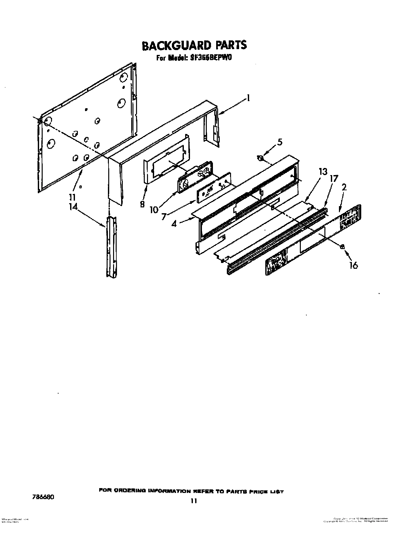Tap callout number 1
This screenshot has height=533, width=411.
pyautogui.click(x=248, y=98)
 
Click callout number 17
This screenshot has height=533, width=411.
pyautogui.click(x=334, y=178)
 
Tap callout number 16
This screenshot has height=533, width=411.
pyautogui.click(x=354, y=265)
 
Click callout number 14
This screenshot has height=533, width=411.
pyautogui.click(x=73, y=206)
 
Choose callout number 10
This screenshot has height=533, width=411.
pyautogui.click(x=154, y=210)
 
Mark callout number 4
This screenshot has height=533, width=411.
pyautogui.click(x=174, y=223)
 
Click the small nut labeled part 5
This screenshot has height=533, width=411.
pyautogui.click(x=260, y=158)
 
